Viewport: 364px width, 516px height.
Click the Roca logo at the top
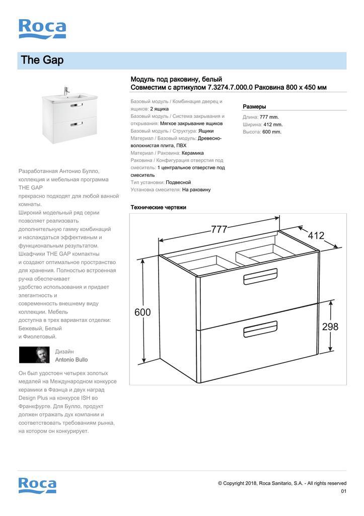(x=42, y=29)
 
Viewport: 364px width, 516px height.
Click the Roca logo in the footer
(x=37, y=485)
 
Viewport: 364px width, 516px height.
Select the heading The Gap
(x=42, y=60)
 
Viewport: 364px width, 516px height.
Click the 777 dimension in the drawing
(x=219, y=229)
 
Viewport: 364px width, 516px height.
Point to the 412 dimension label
(x=316, y=235)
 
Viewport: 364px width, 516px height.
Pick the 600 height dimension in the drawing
(x=142, y=312)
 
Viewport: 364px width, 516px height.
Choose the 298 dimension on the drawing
(x=330, y=327)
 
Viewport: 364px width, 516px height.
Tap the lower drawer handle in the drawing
(x=260, y=331)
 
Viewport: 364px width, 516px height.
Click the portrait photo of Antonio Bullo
(x=34, y=355)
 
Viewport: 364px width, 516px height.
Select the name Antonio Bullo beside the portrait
(x=71, y=360)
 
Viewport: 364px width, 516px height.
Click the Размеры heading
(x=254, y=107)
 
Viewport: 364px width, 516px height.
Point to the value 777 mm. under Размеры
(x=269, y=117)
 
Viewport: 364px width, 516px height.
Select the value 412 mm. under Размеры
(x=273, y=124)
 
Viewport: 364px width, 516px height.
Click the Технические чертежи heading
(x=158, y=207)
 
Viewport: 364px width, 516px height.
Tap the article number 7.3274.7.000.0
(x=230, y=88)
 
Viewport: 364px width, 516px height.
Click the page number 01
(x=343, y=491)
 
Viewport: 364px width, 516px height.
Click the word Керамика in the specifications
(x=193, y=153)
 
